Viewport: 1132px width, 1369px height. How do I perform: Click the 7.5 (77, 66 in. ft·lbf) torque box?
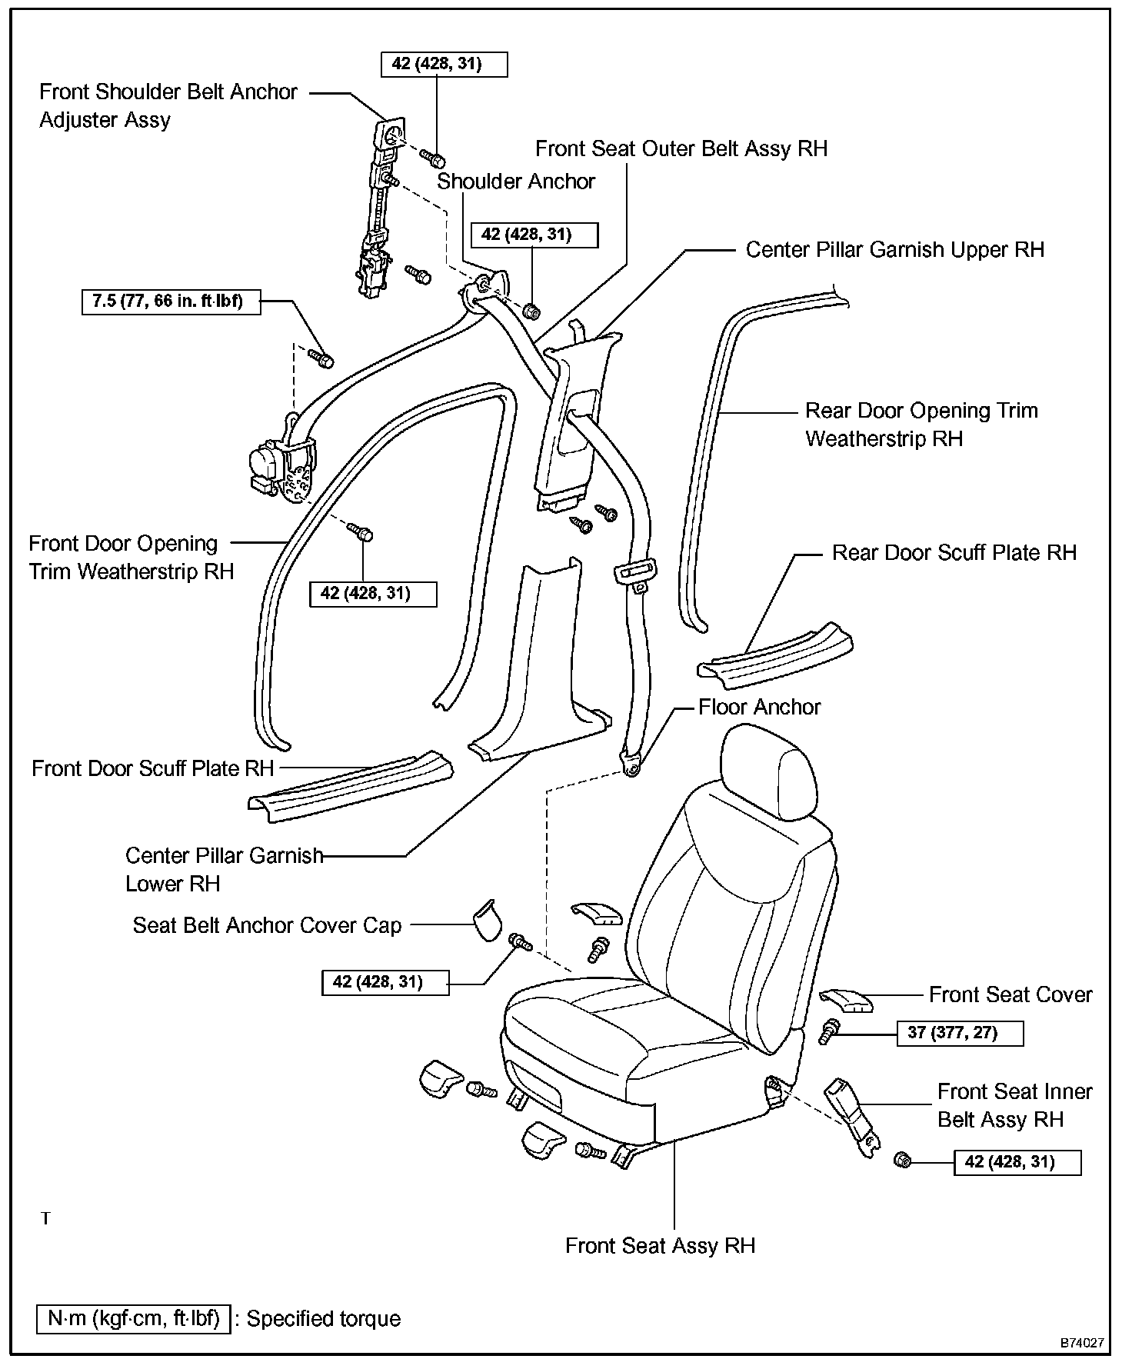(171, 301)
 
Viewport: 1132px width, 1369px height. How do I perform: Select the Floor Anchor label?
(759, 708)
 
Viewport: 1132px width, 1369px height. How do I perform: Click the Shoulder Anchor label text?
(516, 182)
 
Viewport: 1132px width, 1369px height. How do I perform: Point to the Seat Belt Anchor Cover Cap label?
(267, 925)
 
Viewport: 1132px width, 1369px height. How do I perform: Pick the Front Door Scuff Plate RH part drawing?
(351, 784)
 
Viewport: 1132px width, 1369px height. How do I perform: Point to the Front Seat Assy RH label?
(660, 1246)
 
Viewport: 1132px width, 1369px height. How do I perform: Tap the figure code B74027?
(1082, 1343)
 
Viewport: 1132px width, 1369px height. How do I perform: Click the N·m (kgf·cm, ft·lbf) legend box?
(133, 1319)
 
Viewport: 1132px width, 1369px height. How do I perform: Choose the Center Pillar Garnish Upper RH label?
(894, 250)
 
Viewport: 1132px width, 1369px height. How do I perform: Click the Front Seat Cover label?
(1010, 995)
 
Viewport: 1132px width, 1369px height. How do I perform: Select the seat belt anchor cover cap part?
(485, 920)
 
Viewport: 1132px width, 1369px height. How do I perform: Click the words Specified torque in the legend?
(324, 1319)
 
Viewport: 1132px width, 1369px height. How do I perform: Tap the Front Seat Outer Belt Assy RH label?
(681, 148)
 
